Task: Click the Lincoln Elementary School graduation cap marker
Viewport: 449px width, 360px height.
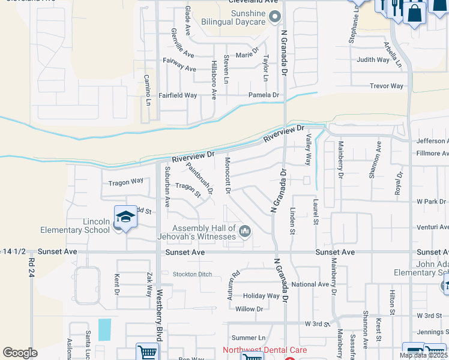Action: click(x=125, y=217)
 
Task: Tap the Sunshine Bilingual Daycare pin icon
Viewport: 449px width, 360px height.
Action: click(x=275, y=16)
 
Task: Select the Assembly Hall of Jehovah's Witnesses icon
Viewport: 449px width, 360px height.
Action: click(x=244, y=231)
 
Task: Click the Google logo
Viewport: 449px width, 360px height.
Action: click(x=20, y=353)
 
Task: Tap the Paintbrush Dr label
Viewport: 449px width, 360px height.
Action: click(x=199, y=179)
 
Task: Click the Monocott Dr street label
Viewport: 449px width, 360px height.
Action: click(x=228, y=176)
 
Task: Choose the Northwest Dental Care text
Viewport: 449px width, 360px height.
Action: click(x=265, y=350)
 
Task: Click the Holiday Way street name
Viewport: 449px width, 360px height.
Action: click(x=261, y=296)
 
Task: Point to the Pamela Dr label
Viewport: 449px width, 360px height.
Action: click(x=264, y=95)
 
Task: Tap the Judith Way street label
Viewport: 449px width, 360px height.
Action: click(x=373, y=60)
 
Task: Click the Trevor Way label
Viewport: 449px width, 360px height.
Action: click(x=387, y=86)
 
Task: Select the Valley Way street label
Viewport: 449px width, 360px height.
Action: click(x=309, y=150)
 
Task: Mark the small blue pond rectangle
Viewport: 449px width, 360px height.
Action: click(x=104, y=329)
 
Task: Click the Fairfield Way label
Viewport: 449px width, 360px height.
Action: click(x=178, y=95)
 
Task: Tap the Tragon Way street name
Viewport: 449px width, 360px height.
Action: click(x=125, y=181)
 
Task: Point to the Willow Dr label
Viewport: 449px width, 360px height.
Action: click(x=249, y=309)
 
